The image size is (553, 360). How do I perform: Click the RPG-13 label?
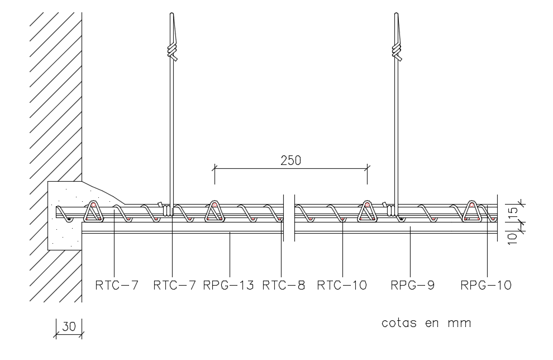tap(228, 286)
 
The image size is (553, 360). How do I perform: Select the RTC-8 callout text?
tap(284, 286)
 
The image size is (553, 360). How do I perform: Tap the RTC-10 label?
tap(342, 286)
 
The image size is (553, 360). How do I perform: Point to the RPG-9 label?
tap(412, 286)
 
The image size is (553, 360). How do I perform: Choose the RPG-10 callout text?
tap(486, 286)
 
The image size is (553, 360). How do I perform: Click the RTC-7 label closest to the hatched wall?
tap(116, 286)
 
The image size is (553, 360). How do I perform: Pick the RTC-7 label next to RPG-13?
tap(175, 286)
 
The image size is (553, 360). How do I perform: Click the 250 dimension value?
tap(290, 160)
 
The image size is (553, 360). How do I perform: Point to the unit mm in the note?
tap(463, 323)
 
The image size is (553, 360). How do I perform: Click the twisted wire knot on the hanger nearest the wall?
tap(173, 52)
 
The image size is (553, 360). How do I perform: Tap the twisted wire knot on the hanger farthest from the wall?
tap(397, 52)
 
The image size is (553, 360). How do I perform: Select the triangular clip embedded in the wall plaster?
tap(93, 212)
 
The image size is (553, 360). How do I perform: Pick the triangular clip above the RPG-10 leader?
tap(472, 211)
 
